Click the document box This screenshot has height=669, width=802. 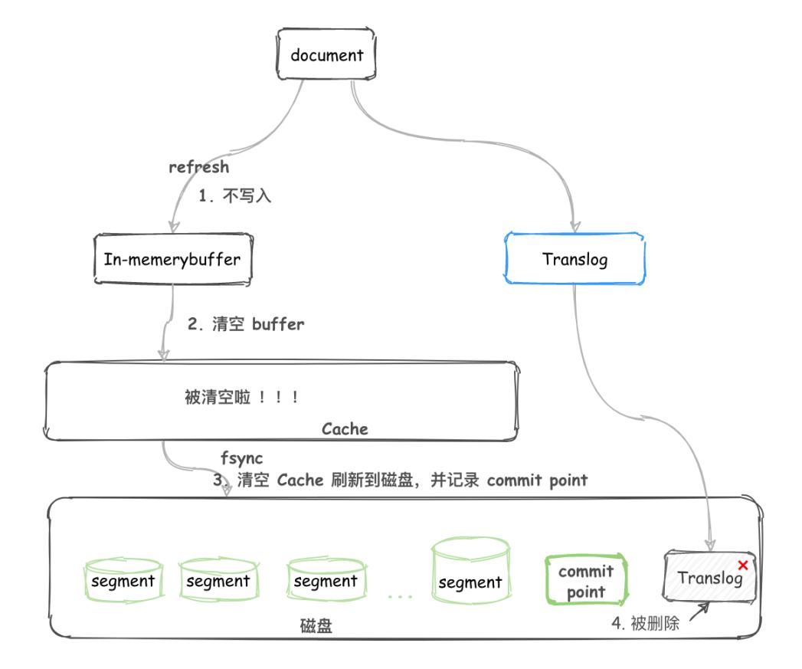[x=326, y=55]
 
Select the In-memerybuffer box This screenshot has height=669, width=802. [x=172, y=259]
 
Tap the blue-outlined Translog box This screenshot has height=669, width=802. [x=574, y=259]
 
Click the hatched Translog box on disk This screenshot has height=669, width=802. [x=709, y=576]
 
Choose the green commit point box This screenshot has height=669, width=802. [x=586, y=581]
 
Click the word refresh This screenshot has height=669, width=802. [x=199, y=166]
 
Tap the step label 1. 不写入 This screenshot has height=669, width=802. [x=235, y=196]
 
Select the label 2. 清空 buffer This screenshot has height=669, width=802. [x=246, y=324]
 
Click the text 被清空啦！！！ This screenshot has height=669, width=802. [x=240, y=398]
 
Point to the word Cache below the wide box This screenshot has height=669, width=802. [x=345, y=429]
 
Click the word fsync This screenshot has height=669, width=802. [x=241, y=459]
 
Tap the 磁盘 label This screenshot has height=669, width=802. [x=316, y=626]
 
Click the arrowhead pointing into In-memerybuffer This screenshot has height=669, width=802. [x=174, y=226]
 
